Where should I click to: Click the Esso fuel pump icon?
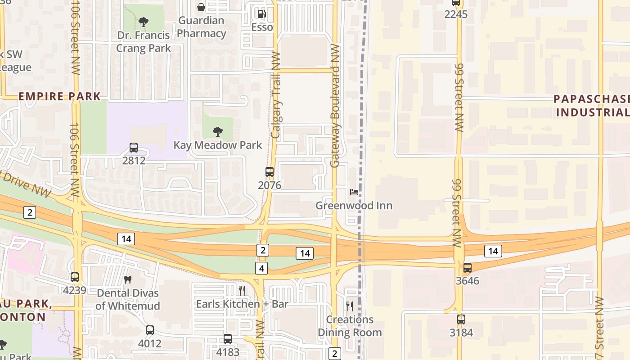click(x=261, y=14)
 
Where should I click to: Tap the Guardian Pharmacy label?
click(x=202, y=27)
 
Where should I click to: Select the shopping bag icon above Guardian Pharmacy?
click(x=201, y=7)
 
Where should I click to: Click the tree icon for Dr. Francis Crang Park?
click(x=144, y=21)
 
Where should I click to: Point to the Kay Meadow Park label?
click(x=218, y=145)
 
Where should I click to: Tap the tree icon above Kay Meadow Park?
click(x=218, y=132)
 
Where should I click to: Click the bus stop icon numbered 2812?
click(x=134, y=147)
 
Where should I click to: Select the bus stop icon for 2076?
click(x=270, y=172)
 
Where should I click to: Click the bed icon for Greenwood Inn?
click(x=354, y=192)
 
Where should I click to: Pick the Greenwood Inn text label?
click(x=354, y=206)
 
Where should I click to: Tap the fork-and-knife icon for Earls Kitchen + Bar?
click(x=242, y=290)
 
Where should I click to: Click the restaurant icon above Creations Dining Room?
click(x=350, y=306)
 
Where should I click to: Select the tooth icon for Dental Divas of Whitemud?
click(x=128, y=279)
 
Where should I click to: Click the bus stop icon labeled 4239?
click(x=75, y=277)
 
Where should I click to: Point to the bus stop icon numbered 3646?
click(x=468, y=268)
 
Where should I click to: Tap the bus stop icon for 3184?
click(x=461, y=319)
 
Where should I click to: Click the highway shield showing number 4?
click(x=261, y=269)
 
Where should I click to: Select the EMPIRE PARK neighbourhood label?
click(x=59, y=96)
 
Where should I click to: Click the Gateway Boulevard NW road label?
click(x=335, y=106)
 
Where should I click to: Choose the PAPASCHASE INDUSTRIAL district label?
click(x=591, y=105)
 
